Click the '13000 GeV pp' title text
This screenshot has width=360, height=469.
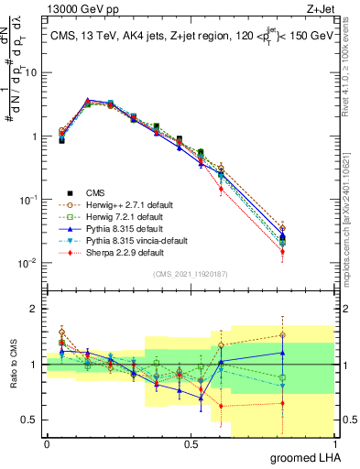[x=80, y=8]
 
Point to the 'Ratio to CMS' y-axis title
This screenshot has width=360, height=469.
[x=12, y=365]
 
